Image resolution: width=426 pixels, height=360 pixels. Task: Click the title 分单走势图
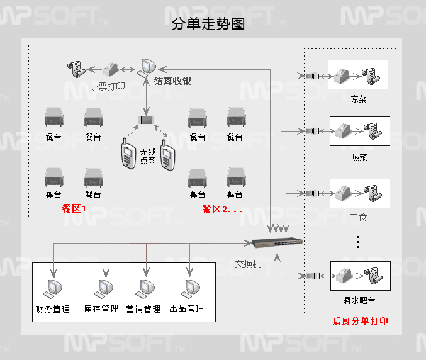point(208,25)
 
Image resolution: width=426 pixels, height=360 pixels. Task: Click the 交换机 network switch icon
point(277,242)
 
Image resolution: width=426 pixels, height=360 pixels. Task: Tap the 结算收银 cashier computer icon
point(149,66)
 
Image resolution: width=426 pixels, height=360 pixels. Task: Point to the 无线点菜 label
point(148,156)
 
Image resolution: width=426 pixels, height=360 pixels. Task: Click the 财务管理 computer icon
point(52,289)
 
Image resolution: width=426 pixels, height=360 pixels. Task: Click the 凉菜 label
point(358,99)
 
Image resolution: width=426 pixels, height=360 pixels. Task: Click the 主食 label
point(358,217)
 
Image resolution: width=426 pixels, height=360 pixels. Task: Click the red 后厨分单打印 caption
point(360,321)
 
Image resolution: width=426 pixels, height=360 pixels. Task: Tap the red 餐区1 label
point(74,209)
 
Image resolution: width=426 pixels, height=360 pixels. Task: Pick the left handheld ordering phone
point(128,156)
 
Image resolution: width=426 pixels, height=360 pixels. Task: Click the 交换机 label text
point(248,264)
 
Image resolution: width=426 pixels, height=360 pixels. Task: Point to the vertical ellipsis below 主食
point(357,242)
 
